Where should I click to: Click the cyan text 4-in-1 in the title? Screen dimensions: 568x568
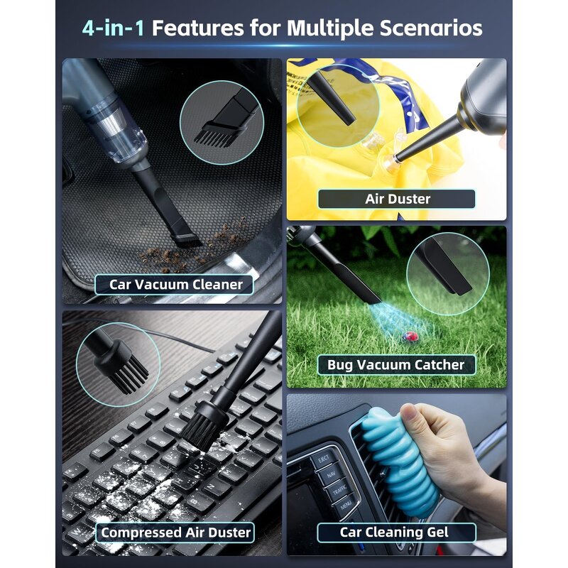pyautogui.click(x=113, y=28)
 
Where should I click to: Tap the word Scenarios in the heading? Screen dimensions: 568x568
pyautogui.click(x=431, y=28)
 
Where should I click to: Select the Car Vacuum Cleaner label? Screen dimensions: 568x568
pyautogui.click(x=174, y=285)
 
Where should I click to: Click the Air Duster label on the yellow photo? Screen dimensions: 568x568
pyautogui.click(x=397, y=199)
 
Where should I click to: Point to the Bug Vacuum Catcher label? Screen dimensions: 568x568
pyautogui.click(x=396, y=365)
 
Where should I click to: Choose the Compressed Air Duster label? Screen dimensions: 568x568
pyautogui.click(x=175, y=532)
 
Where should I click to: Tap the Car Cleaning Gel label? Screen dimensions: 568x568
pyautogui.click(x=396, y=532)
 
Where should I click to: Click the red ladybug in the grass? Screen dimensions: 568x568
pyautogui.click(x=410, y=337)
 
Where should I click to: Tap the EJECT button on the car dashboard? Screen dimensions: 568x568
pyautogui.click(x=323, y=460)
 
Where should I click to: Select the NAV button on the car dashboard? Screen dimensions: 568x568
pyautogui.click(x=331, y=475)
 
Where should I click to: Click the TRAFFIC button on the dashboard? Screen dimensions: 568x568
pyautogui.click(x=339, y=490)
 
